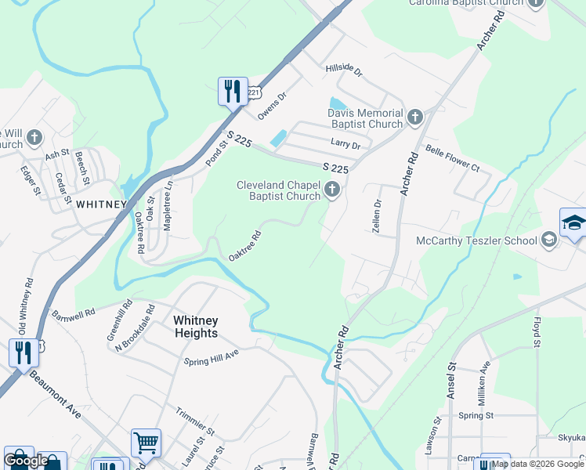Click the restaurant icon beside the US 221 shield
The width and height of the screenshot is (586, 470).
point(232,92)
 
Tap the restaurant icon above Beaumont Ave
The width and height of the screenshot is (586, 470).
point(24,353)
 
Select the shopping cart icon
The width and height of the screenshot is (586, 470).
point(146,443)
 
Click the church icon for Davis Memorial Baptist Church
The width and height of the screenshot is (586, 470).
point(414,118)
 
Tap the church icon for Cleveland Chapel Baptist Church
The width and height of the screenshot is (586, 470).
point(333,190)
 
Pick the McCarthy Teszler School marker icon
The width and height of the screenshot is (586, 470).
point(548,240)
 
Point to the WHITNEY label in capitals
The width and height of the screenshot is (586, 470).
point(101,204)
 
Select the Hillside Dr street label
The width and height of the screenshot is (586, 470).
point(345,71)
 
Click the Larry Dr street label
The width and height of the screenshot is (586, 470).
point(345,146)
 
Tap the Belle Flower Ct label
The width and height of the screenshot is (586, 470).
point(452,157)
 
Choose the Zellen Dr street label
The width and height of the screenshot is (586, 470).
point(377,213)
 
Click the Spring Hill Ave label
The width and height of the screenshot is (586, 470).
point(211,357)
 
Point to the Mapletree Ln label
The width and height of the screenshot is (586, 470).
point(167,205)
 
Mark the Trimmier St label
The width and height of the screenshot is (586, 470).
point(195,420)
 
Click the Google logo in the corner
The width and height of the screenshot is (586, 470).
point(26,461)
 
